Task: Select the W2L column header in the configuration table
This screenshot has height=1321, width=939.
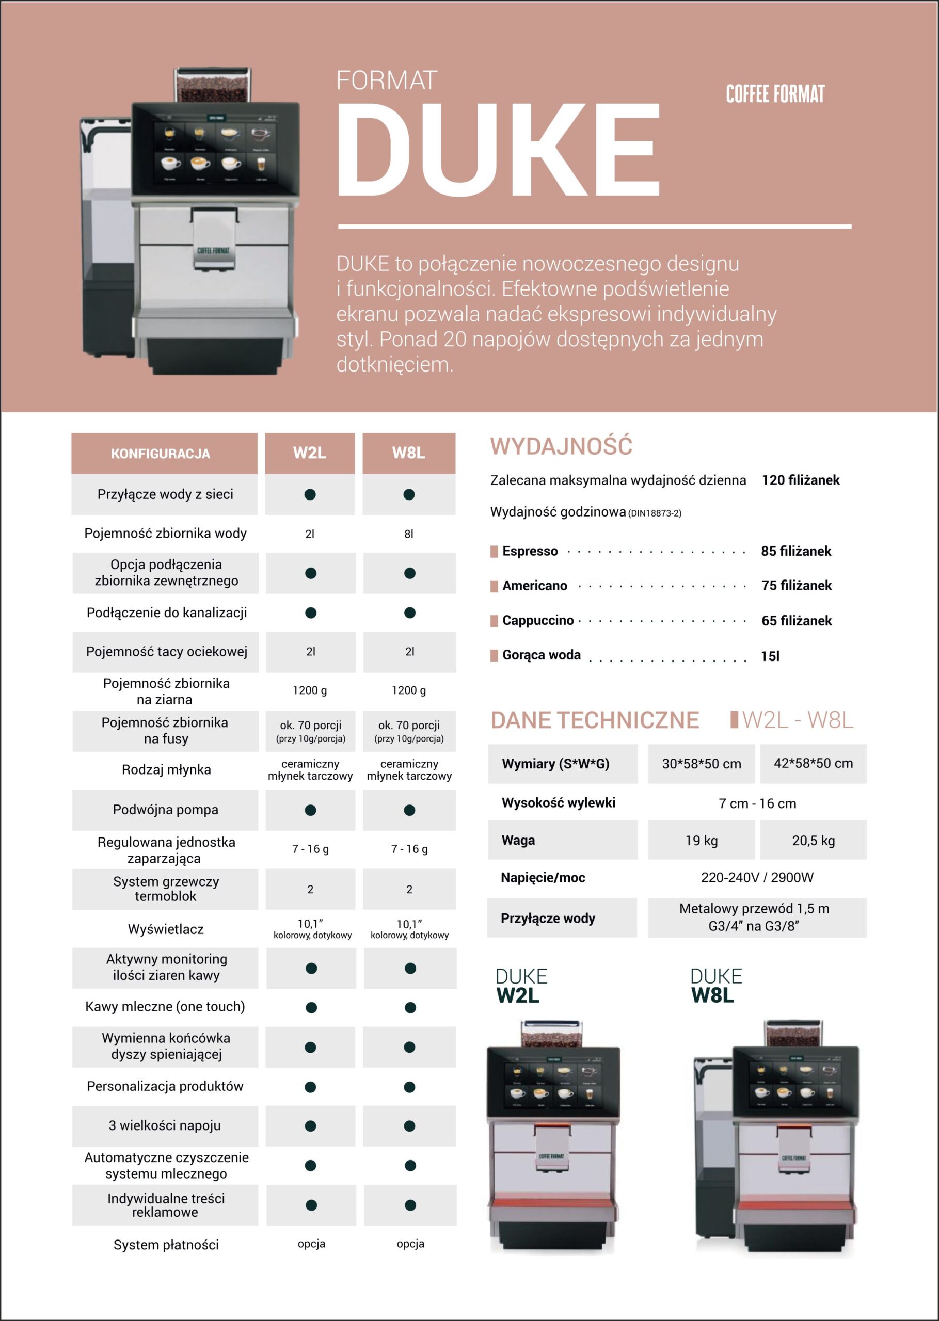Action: coord(309,453)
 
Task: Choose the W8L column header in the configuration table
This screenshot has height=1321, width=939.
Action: coord(408,453)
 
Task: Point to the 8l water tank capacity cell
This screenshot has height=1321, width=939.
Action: coord(408,534)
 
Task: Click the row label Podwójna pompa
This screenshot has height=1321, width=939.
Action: coord(165,810)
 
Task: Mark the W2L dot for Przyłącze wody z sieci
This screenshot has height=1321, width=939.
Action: coord(310,494)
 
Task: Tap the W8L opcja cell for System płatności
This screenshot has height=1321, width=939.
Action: coord(410,1244)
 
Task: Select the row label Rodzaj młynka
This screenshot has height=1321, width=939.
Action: coord(166,770)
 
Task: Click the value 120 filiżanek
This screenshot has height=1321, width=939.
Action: coord(800,479)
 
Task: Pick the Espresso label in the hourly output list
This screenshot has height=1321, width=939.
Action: coord(530,551)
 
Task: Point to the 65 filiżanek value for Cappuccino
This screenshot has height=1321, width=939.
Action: coord(796,621)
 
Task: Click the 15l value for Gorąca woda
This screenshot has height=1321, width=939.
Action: coord(770,656)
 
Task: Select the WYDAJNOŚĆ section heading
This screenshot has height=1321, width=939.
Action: coord(561,446)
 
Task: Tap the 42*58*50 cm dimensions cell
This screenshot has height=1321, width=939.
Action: coord(813,763)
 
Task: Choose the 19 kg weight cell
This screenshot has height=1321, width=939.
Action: coord(702,840)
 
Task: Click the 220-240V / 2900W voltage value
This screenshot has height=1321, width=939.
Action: coord(757,877)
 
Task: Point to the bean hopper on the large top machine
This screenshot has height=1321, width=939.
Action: coord(213,86)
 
